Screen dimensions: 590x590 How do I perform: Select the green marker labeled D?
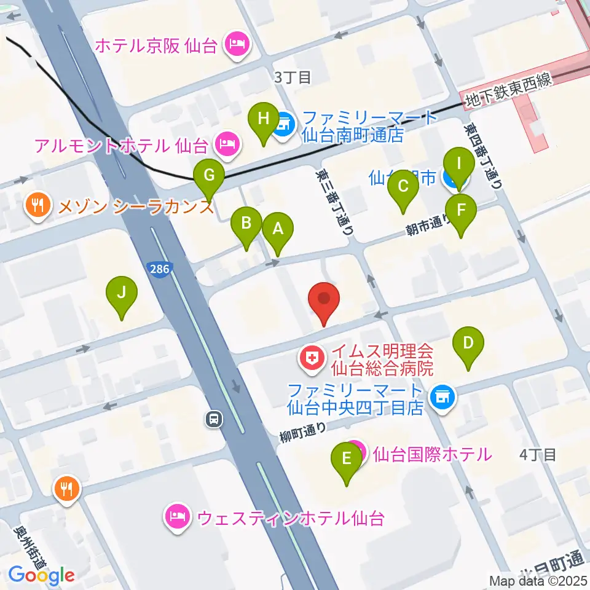468,343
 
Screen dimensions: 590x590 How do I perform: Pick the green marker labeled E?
347,458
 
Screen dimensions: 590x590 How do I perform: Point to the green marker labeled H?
264,118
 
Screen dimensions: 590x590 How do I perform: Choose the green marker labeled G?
209,176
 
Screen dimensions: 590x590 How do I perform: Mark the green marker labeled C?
403,186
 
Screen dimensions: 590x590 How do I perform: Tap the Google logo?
41,575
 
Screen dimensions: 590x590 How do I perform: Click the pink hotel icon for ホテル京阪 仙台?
236,45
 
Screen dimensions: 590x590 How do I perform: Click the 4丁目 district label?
538,455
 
